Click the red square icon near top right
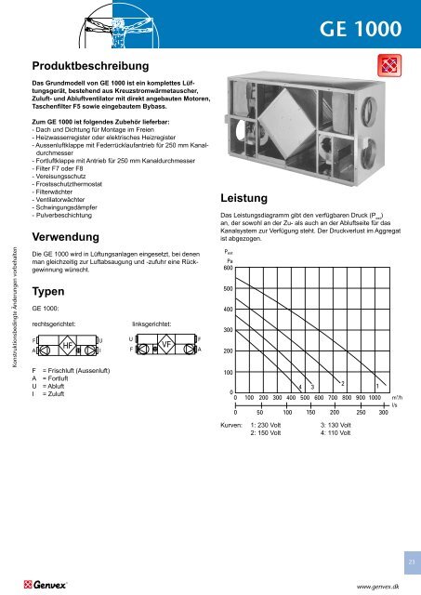383,66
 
